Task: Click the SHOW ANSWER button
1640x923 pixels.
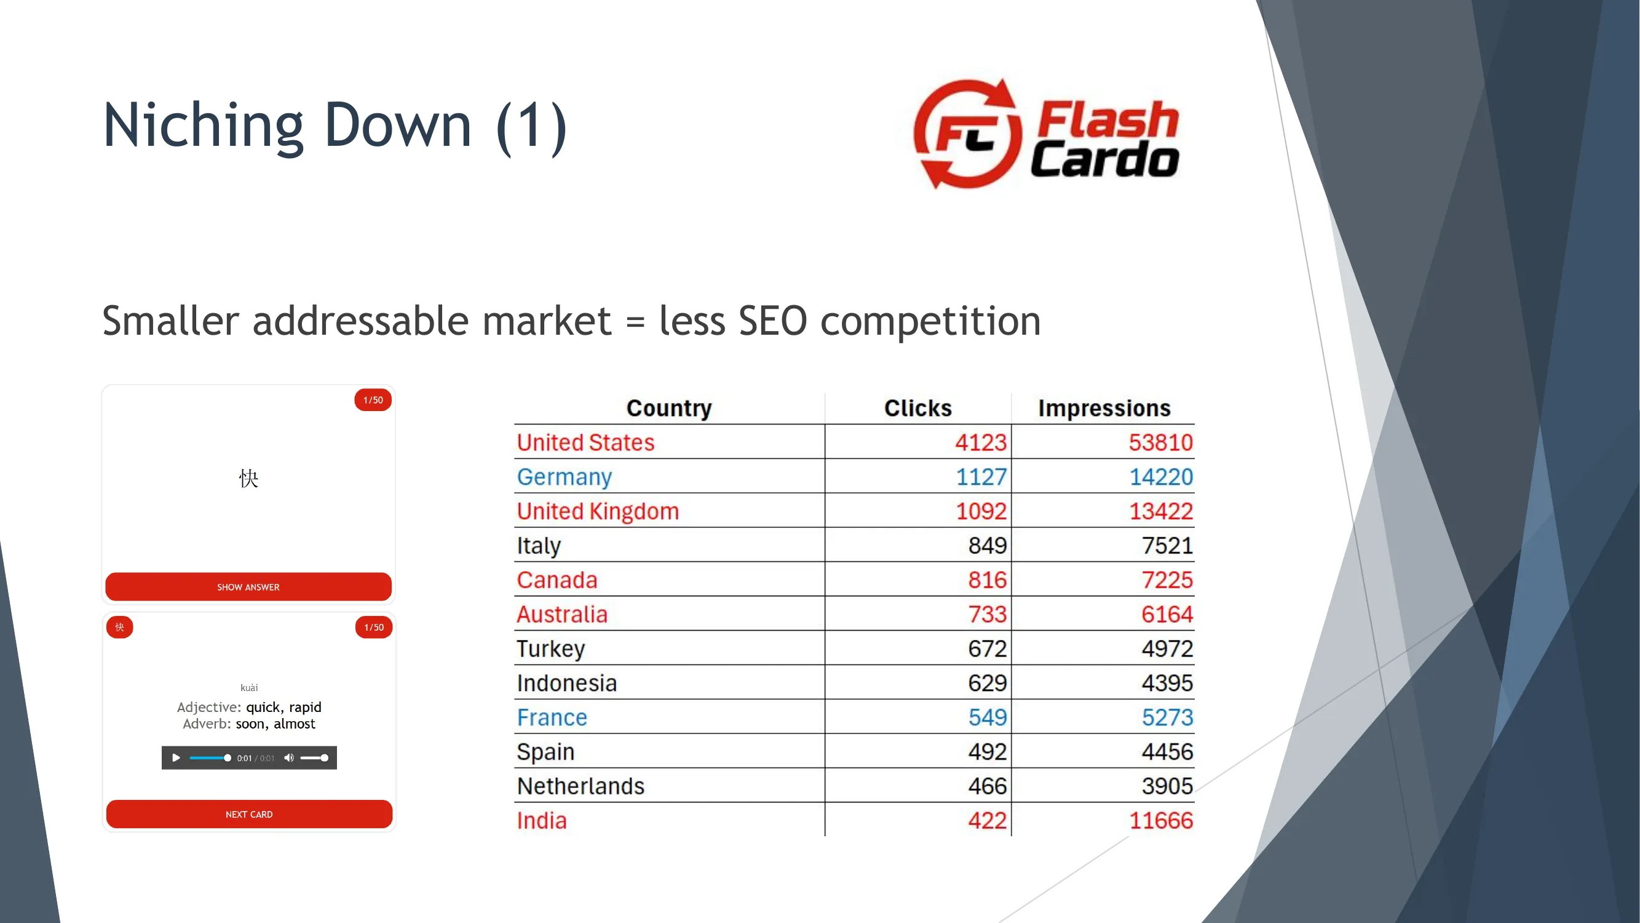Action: coord(248,586)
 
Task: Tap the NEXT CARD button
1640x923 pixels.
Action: coord(249,814)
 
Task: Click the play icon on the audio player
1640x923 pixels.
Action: coord(176,757)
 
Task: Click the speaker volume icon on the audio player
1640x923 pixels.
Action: coord(288,757)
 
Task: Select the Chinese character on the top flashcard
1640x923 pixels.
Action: coord(248,477)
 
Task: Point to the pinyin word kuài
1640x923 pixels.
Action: coord(249,687)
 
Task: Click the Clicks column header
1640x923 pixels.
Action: coord(917,408)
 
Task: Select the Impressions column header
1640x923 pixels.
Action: coord(1104,408)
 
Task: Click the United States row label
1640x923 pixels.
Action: coord(585,442)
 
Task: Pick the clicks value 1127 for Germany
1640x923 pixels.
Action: coord(981,476)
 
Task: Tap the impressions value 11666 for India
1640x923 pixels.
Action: coord(1160,820)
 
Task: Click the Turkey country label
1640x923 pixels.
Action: coord(551,649)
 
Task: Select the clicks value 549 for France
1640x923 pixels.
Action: coord(988,717)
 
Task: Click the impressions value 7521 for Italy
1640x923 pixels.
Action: coord(1167,545)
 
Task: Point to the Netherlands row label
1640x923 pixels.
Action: coord(580,786)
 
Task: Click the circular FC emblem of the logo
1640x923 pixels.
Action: coord(967,134)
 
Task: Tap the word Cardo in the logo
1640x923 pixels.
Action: coord(1104,159)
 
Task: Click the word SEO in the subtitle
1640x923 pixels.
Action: coord(772,321)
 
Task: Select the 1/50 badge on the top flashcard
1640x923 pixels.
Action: coord(373,400)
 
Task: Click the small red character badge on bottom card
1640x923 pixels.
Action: coord(120,627)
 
